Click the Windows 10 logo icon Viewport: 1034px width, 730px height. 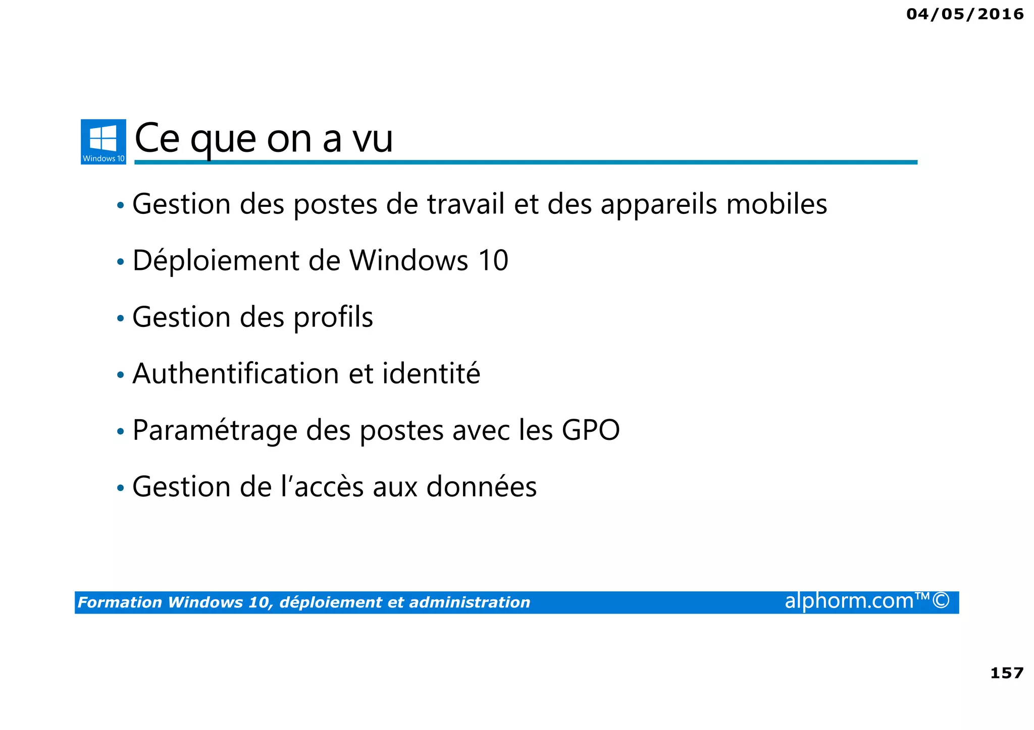(103, 141)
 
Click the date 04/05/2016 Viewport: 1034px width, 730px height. (965, 14)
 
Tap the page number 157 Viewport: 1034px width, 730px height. (1007, 673)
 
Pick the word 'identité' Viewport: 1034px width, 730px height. (431, 374)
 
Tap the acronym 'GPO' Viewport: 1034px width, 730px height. (591, 430)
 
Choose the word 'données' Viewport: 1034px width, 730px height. (481, 487)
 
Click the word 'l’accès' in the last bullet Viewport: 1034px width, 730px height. (322, 487)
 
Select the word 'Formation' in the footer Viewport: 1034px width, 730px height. (120, 602)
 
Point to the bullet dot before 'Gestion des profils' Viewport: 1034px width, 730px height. (120, 319)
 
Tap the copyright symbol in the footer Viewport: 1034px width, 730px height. (941, 601)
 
